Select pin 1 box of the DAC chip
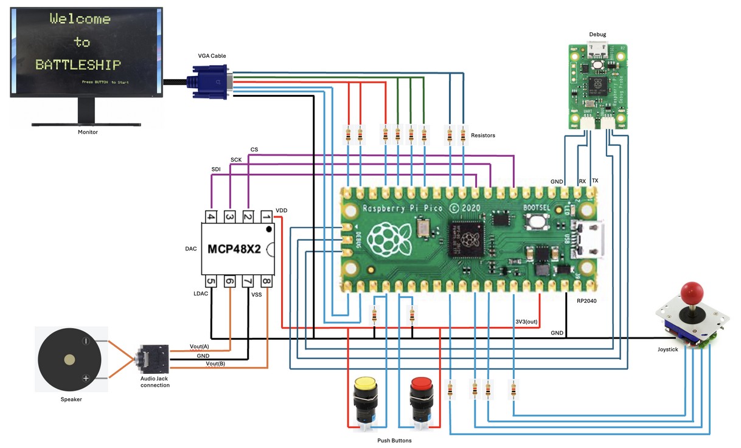(x=266, y=216)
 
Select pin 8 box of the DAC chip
(x=266, y=281)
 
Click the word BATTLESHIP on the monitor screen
(x=78, y=64)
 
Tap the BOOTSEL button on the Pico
(x=537, y=222)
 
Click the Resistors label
(x=482, y=136)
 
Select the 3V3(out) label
(x=527, y=321)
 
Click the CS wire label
(x=254, y=150)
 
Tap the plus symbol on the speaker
(x=86, y=378)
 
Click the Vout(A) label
(x=200, y=346)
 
